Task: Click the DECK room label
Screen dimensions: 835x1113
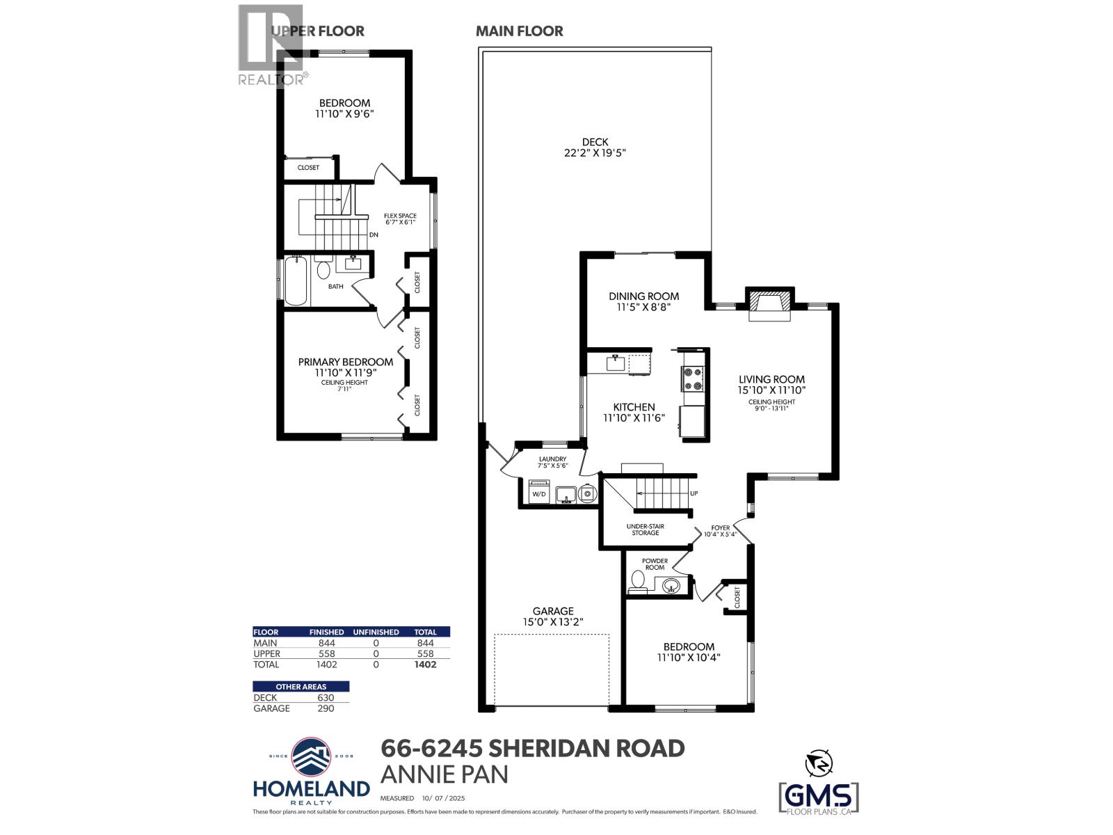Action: click(x=595, y=141)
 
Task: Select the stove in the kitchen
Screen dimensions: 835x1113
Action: click(x=694, y=379)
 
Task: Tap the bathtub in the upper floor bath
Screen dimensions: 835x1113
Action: click(x=296, y=280)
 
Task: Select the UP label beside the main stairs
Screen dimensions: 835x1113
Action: click(x=694, y=493)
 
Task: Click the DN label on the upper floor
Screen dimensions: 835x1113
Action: click(x=374, y=235)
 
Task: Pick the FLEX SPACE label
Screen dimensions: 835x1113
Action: click(x=400, y=216)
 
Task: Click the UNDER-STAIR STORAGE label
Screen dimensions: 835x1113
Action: click(x=645, y=530)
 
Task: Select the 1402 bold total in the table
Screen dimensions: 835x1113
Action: click(x=425, y=665)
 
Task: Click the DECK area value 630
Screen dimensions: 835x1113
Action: click(x=326, y=698)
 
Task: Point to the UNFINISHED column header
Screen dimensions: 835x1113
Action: click(x=376, y=632)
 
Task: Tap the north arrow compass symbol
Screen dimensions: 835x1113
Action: click(x=819, y=764)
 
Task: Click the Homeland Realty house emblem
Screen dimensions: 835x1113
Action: click(x=312, y=757)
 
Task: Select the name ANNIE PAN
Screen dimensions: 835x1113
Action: click(x=444, y=774)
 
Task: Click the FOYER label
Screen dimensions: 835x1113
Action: click(x=720, y=528)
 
